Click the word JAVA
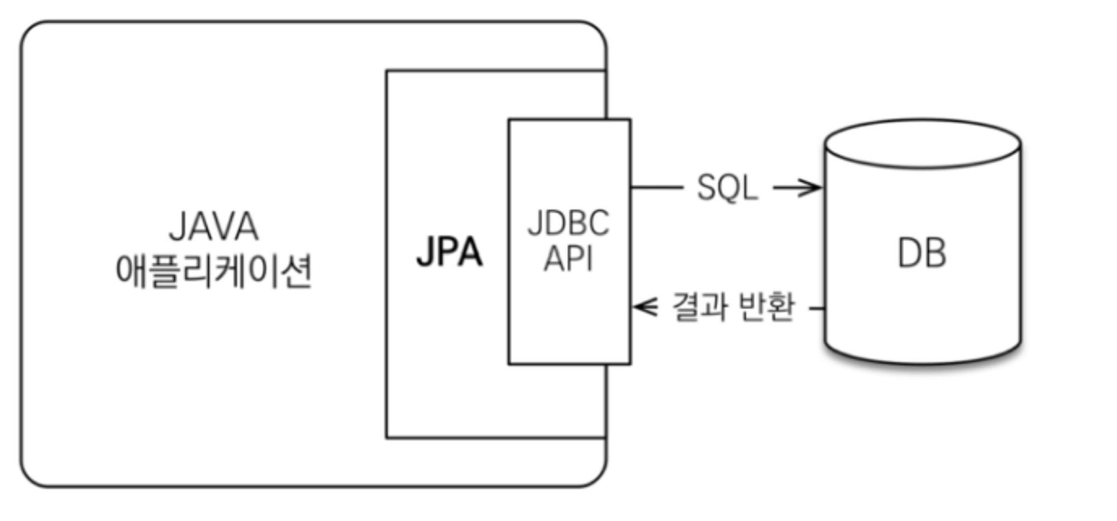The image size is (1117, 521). point(213,226)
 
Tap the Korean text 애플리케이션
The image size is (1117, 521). point(213,271)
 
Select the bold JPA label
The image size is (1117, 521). point(450,252)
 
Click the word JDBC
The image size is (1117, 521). point(568,223)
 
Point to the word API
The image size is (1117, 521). point(568,258)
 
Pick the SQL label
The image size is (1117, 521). point(727,188)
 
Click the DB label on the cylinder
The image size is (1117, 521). point(922,253)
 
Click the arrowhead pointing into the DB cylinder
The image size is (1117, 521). point(813,188)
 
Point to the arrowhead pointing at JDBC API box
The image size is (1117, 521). point(644,307)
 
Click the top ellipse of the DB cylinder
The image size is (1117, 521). point(923,143)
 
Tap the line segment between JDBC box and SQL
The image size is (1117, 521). point(657,188)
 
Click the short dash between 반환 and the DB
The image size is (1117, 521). point(817,307)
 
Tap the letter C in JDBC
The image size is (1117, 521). point(598,223)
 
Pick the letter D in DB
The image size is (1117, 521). point(909,253)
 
